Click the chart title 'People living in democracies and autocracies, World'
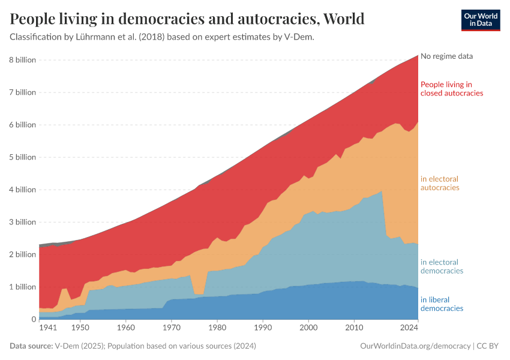pyautogui.click(x=187, y=19)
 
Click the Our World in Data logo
pyautogui.click(x=480, y=20)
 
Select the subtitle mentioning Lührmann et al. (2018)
pyautogui.click(x=162, y=37)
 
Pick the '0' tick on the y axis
pyautogui.click(x=34, y=319)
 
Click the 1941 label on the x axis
pyautogui.click(x=47, y=329)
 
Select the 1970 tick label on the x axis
pyautogui.click(x=172, y=329)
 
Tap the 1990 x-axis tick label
pyautogui.click(x=263, y=329)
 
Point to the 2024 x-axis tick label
pyautogui.click(x=409, y=329)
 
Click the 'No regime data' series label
pyautogui.click(x=446, y=56)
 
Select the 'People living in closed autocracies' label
pyautogui.click(x=451, y=89)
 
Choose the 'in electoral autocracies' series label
pyautogui.click(x=440, y=183)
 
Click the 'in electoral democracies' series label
pyautogui.click(x=442, y=266)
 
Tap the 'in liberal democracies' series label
pyautogui.click(x=442, y=304)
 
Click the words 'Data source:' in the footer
pyautogui.click(x=31, y=346)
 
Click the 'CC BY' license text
pyautogui.click(x=488, y=346)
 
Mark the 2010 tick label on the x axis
pyautogui.click(x=354, y=329)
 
